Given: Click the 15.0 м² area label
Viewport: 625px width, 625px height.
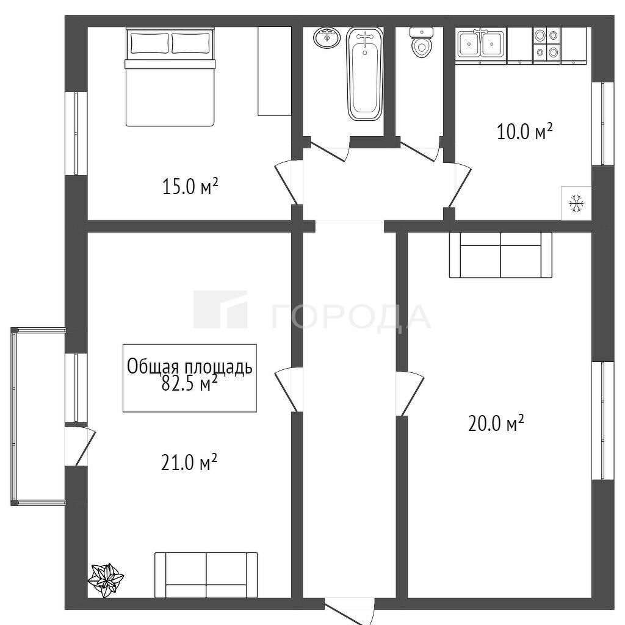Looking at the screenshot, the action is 190,186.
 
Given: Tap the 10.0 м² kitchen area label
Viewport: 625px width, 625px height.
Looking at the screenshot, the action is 524,132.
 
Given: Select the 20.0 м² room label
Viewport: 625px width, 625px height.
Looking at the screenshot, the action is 496,424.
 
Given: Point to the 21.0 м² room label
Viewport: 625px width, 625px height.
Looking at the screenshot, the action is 189,463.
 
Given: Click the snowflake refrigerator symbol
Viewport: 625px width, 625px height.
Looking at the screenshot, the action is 576,203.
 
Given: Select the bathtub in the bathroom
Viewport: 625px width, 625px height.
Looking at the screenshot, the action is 365,73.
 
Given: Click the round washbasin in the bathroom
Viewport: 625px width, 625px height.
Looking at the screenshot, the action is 327,38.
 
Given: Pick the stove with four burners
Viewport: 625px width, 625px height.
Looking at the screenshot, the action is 546,44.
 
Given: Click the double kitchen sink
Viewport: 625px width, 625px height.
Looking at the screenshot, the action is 481,44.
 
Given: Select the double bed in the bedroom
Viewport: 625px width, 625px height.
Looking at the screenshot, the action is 170,77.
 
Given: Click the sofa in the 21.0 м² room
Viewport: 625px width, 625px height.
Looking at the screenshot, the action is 206,574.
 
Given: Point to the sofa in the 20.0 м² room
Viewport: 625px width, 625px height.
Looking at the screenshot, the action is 500,255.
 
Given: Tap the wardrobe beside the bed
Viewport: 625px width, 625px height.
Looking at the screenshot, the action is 274,71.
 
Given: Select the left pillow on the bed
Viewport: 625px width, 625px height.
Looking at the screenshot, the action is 150,43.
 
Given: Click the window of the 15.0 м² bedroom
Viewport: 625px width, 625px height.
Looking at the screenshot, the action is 76,134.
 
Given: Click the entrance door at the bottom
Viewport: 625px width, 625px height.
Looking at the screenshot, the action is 349,610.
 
